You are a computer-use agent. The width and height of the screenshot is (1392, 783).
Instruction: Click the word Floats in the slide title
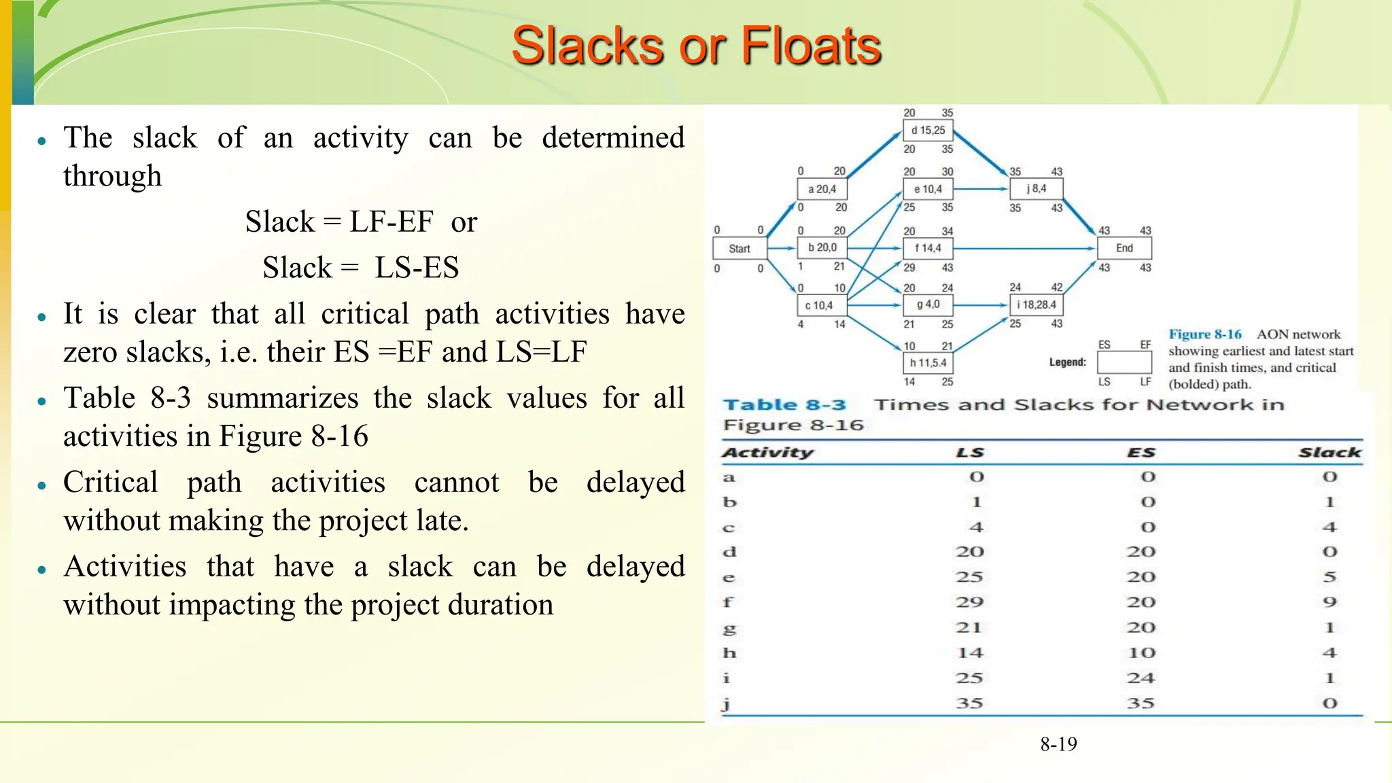coord(810,46)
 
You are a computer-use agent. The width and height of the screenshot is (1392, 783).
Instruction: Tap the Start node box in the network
coord(739,249)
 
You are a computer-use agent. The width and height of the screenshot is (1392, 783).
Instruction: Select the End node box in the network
coord(1124,248)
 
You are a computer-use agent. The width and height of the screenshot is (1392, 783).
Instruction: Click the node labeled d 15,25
coord(928,130)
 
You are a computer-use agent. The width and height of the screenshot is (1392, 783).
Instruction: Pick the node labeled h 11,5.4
coord(928,363)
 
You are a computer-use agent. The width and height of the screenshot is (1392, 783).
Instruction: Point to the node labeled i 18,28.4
coord(1036,305)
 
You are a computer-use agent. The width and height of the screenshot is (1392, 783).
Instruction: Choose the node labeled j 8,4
coord(1036,189)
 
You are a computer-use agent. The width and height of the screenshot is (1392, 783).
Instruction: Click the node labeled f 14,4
coord(928,248)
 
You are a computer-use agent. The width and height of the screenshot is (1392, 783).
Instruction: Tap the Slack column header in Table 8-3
coord(1329,453)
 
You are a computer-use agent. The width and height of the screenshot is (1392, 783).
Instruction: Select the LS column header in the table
coord(970,453)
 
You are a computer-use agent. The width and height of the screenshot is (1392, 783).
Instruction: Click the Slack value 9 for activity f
coord(1329,602)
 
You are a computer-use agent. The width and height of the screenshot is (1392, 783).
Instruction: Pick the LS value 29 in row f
coord(970,602)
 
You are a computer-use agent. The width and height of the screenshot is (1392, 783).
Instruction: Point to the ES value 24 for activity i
coord(1141,678)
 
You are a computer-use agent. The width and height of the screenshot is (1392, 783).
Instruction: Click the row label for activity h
coord(729,653)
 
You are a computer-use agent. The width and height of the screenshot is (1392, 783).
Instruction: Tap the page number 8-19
coord(1058,744)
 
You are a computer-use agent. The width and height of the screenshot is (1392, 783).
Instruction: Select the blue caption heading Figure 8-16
coord(1204,334)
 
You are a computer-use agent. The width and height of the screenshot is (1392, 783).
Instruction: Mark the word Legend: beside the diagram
coord(1067,363)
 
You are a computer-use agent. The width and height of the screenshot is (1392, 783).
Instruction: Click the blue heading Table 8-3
coord(784,405)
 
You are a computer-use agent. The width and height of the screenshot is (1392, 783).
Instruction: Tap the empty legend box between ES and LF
coord(1124,363)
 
